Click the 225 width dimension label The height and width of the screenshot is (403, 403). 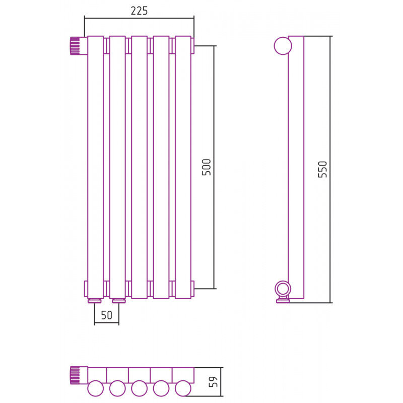coord(139,11)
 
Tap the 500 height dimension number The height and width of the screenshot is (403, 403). coord(207,167)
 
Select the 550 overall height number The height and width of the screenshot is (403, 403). coord(322,169)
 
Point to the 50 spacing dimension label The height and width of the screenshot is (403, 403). coord(107,315)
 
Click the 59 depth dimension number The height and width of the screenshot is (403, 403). coord(213,382)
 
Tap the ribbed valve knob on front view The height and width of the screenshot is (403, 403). coord(75,46)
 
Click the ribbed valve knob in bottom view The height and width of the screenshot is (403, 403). coord(75,375)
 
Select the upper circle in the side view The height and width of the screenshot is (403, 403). coord(283,46)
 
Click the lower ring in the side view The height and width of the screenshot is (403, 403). coord(283,289)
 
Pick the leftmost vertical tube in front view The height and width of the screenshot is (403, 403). coord(95,167)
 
